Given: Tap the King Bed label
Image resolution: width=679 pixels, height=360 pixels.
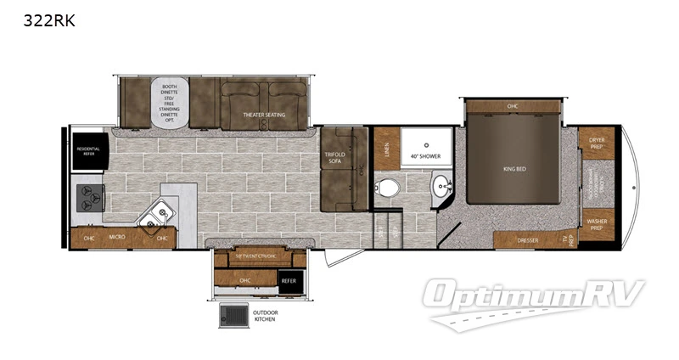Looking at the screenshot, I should (514, 169).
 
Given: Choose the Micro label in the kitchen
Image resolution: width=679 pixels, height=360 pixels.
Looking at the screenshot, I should (117, 238).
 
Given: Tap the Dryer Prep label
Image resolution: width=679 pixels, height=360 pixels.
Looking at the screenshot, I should (597, 145).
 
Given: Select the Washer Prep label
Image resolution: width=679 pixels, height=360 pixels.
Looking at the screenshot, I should (597, 224).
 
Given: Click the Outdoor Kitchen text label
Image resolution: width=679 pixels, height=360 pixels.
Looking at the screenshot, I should (266, 316).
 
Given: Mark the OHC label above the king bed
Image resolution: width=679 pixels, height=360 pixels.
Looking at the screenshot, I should (513, 106).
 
